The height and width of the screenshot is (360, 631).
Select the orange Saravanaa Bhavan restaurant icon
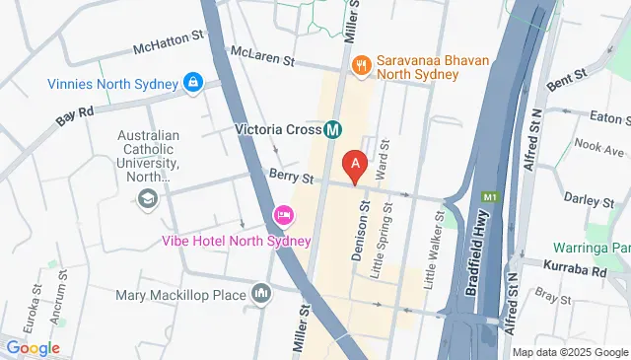[361, 64]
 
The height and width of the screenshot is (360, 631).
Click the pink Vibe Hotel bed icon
[283, 215]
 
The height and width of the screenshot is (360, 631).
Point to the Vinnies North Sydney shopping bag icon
[194, 80]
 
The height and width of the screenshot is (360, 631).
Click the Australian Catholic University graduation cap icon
[148, 198]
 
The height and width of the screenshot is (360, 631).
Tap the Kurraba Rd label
[576, 270]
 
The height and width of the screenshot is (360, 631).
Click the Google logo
[33, 348]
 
